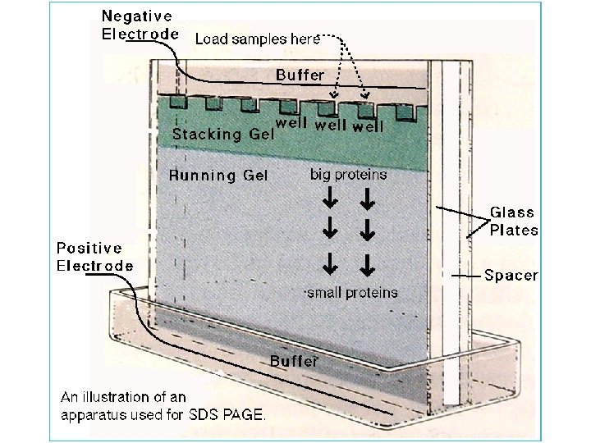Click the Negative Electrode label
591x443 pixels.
click(x=137, y=25)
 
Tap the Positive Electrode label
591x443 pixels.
click(x=94, y=256)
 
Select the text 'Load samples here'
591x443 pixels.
click(x=252, y=39)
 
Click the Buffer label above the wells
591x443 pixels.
click(x=300, y=75)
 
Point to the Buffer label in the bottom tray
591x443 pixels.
click(x=294, y=360)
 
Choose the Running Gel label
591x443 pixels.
click(x=218, y=175)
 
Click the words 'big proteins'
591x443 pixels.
click(x=348, y=174)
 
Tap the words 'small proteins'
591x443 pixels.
click(x=351, y=292)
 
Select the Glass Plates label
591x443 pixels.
click(x=514, y=221)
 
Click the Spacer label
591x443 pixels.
click(x=511, y=276)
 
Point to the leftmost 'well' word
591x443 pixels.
click(x=292, y=124)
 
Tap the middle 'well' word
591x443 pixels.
click(x=330, y=126)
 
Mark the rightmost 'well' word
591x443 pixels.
click(x=369, y=126)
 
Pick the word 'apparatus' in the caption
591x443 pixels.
click(x=90, y=414)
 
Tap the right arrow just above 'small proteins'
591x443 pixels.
click(x=367, y=264)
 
